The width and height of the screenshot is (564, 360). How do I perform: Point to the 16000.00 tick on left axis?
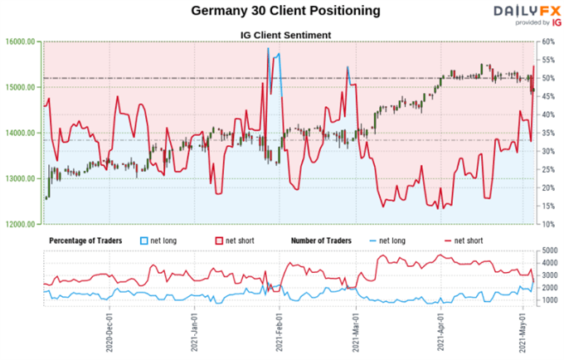coord(20,41)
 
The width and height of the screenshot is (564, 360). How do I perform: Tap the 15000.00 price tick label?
coord(20,87)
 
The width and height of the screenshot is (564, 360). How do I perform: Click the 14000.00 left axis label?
coord(20,133)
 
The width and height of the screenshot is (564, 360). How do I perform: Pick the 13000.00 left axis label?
coord(20,178)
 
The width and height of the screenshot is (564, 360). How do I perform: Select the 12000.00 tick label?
coord(20,224)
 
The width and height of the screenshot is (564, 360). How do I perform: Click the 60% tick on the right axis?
coord(549,41)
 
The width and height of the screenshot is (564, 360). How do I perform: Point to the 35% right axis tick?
coord(549,133)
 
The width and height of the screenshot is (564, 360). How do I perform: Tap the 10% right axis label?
coord(549,224)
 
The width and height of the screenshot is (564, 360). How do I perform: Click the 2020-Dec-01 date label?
coord(109,332)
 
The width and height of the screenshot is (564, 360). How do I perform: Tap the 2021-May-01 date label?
coord(523,332)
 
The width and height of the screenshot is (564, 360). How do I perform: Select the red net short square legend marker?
coord(221,241)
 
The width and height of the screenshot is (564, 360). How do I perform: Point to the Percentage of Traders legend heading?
coord(85,241)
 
